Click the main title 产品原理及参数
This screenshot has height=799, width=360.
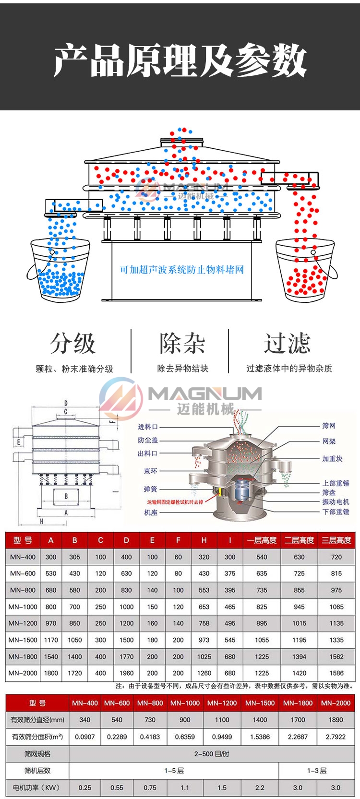180,60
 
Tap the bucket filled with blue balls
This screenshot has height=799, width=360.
59,269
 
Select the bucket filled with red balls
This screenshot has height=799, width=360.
302,271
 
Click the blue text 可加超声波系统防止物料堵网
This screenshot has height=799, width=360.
182,270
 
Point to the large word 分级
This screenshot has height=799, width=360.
73,344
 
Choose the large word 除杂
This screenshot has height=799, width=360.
182,344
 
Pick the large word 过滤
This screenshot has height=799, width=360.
287,344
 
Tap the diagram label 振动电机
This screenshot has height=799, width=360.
336,501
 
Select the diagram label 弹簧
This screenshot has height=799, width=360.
150,489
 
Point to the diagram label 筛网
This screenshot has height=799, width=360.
329,426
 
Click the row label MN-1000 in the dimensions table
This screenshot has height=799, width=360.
23,607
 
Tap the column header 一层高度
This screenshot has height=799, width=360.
262,540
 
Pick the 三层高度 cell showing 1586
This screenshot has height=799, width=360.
336,673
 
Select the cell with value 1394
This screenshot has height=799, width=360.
299,656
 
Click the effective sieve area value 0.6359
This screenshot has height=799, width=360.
185,737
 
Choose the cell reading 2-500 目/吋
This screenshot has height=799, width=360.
212,753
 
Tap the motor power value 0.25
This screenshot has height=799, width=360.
85,787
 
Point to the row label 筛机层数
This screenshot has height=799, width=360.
37,770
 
